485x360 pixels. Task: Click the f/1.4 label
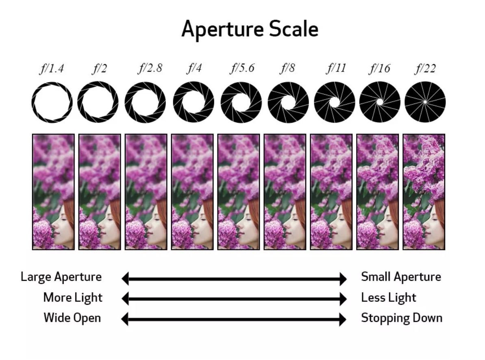click(x=52, y=68)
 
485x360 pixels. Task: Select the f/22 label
click(x=425, y=68)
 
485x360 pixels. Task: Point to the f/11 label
click(x=336, y=68)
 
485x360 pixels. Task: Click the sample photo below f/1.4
click(x=53, y=191)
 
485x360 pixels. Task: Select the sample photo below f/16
click(x=378, y=191)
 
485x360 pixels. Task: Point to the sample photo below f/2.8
click(x=146, y=191)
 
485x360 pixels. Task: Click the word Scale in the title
click(x=293, y=29)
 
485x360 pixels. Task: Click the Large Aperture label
click(x=61, y=277)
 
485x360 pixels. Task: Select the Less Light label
click(x=388, y=298)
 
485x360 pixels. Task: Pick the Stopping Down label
click(x=401, y=318)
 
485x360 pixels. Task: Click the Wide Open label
click(x=72, y=318)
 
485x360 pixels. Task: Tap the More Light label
click(x=72, y=298)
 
